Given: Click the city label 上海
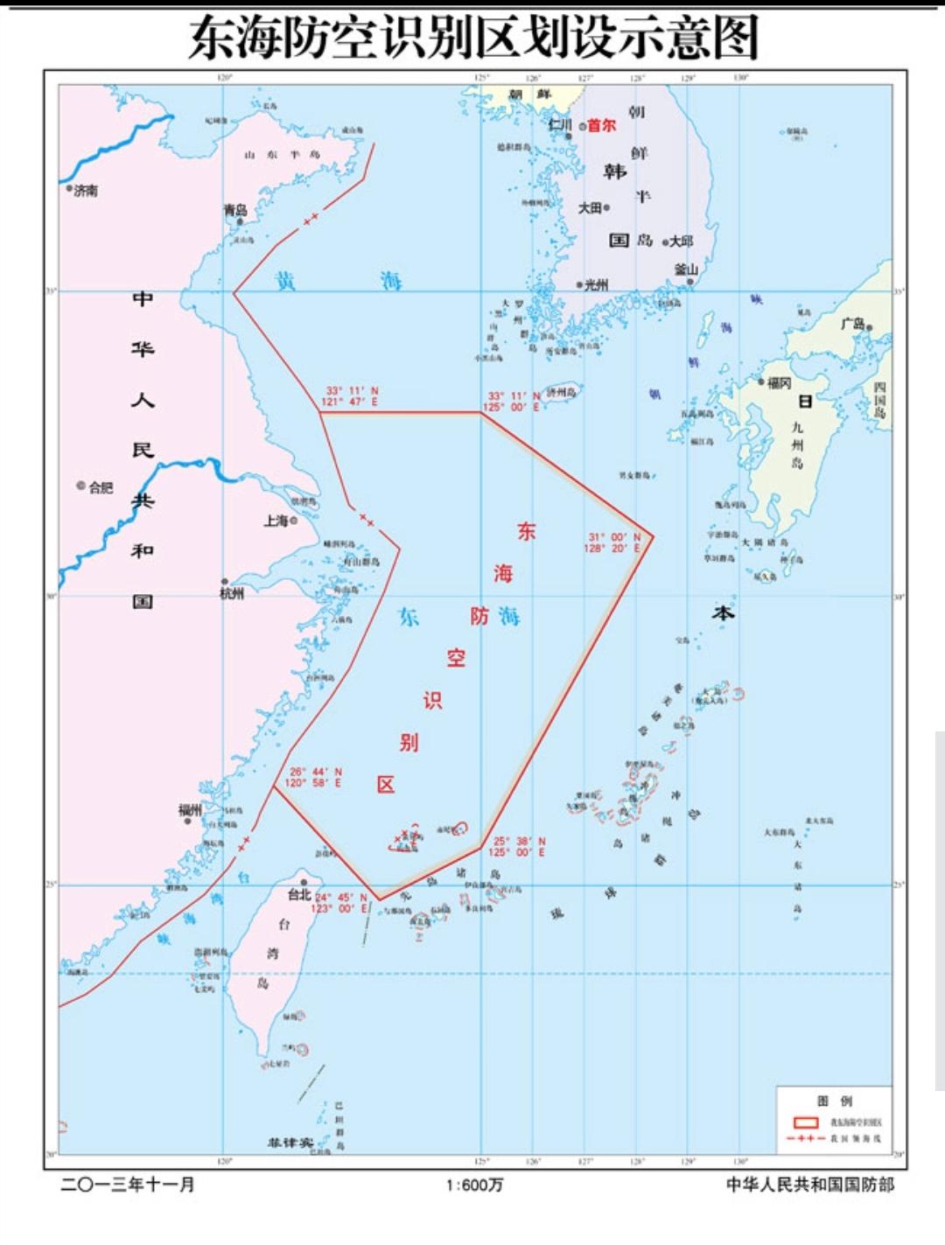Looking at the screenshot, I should (x=276, y=521).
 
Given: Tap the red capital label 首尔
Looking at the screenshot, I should (x=601, y=125).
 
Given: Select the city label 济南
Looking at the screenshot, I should (x=86, y=190).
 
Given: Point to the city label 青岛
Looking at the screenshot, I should (x=235, y=210).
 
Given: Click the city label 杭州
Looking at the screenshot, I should (x=232, y=593).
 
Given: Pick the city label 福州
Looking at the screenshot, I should (x=190, y=809).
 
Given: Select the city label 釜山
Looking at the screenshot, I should (x=686, y=269).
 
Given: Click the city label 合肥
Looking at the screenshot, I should (x=101, y=487).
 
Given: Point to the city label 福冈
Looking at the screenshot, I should (x=779, y=383).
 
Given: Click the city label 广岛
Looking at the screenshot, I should (x=852, y=324).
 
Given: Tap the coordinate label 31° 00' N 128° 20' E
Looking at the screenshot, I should (x=613, y=542).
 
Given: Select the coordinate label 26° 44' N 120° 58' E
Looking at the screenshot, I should (x=313, y=778).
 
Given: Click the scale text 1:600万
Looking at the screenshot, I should (x=474, y=1185).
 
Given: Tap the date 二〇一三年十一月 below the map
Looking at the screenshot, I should (x=128, y=1185).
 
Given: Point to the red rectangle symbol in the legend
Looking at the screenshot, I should (x=805, y=1122).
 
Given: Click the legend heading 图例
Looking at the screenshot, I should (x=834, y=1101).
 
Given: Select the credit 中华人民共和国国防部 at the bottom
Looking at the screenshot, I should (x=810, y=1185).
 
